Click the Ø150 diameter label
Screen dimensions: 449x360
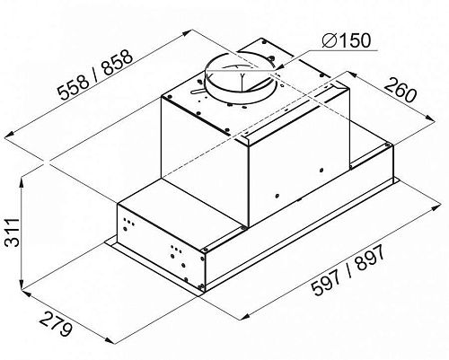(x=347, y=40)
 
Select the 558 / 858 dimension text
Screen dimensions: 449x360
(x=95, y=75)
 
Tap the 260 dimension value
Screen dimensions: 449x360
(x=401, y=90)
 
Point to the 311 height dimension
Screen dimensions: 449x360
(x=13, y=233)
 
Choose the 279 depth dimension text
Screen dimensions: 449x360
(x=56, y=324)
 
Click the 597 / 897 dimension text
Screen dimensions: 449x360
(x=348, y=270)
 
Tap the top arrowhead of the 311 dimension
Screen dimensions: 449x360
(x=22, y=183)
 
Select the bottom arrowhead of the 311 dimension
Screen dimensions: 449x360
(x=22, y=285)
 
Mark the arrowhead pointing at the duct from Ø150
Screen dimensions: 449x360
(x=282, y=66)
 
